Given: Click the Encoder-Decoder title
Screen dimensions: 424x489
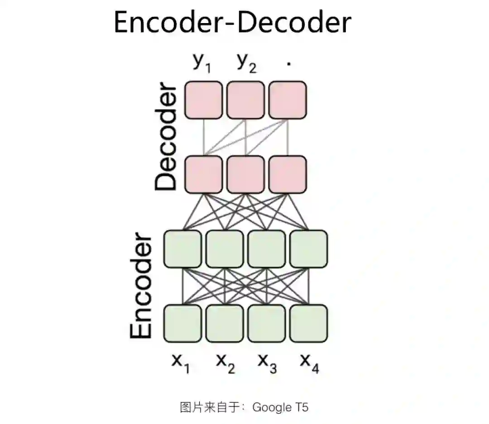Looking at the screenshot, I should point(232,23).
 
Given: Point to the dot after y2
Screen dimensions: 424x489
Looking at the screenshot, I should point(288,64).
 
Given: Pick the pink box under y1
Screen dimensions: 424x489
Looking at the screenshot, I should point(203,100).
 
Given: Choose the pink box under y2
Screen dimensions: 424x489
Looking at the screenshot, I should point(245,100).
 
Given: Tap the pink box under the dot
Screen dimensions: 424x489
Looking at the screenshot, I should point(288,100).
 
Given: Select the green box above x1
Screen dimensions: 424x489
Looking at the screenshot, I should point(182,323).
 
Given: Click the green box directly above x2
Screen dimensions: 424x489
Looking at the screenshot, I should point(225,323).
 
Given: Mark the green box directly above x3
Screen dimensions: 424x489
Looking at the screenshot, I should point(267,323).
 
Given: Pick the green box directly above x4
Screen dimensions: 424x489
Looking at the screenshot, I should point(308,323).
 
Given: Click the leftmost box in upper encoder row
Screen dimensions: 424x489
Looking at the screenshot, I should point(182,249).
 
